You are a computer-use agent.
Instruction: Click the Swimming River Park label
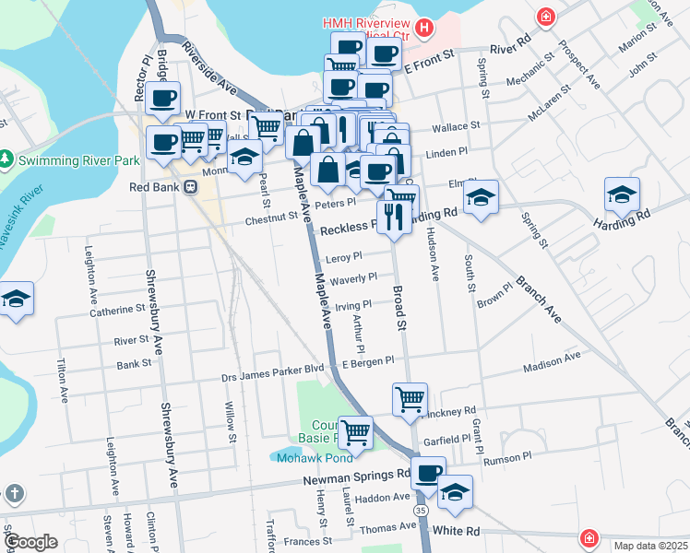click(78, 160)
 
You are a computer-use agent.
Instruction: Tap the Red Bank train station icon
click(191, 186)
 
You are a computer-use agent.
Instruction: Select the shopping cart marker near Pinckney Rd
click(410, 399)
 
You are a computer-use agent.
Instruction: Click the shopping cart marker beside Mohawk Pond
click(355, 430)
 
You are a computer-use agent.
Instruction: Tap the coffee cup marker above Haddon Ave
click(427, 474)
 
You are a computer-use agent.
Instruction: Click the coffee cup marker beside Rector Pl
click(163, 98)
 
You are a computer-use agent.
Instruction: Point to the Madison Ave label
click(552, 362)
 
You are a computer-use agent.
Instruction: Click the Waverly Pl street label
click(353, 277)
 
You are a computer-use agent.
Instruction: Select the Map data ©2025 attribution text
click(649, 546)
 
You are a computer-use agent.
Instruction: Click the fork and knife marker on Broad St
click(394, 217)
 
